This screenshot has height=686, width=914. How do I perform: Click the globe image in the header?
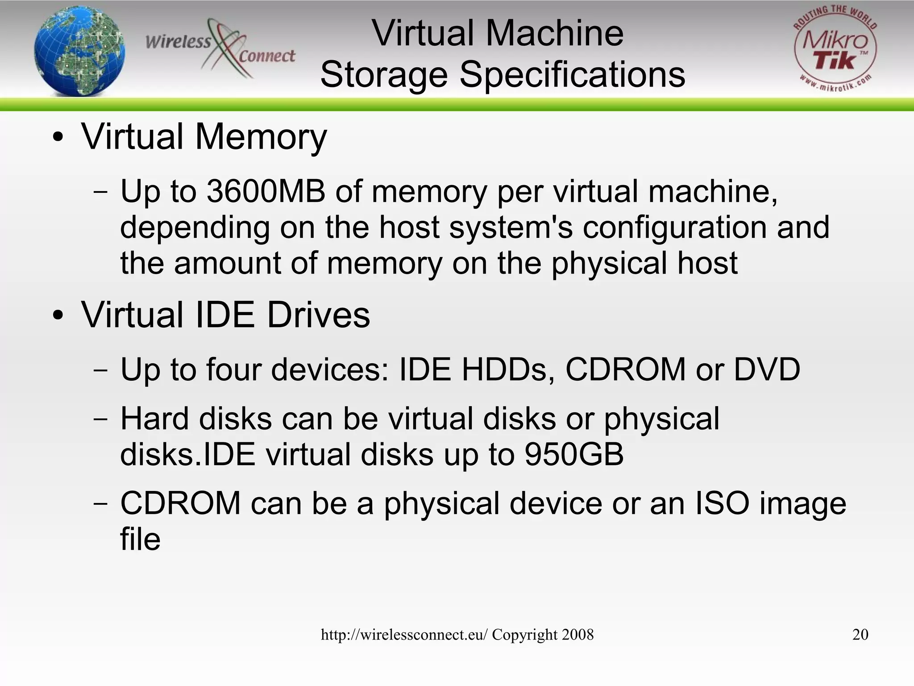click(x=79, y=51)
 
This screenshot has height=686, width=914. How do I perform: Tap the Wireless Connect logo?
click(x=220, y=49)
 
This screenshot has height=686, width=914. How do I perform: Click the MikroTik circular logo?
click(x=835, y=49)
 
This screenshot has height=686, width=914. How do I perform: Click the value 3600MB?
click(x=266, y=191)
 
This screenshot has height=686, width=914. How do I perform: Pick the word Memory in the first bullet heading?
click(x=261, y=137)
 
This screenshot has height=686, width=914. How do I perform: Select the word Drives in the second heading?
click(x=318, y=315)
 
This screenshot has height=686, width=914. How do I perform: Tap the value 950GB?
click(x=574, y=455)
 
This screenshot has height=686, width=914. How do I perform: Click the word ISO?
click(x=722, y=503)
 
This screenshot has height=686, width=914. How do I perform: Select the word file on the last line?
click(x=140, y=539)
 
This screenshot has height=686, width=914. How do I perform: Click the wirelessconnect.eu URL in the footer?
click(x=404, y=635)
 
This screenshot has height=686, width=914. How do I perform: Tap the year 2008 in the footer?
click(x=578, y=635)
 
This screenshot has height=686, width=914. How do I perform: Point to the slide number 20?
click(x=860, y=635)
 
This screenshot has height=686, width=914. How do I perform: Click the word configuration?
click(x=675, y=228)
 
